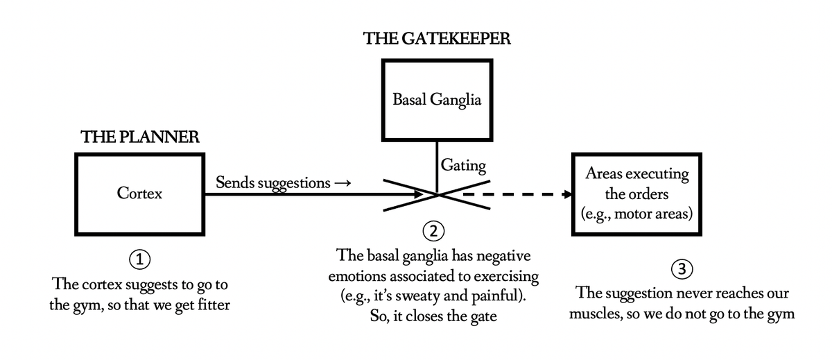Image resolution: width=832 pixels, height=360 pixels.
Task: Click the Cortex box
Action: [139, 194]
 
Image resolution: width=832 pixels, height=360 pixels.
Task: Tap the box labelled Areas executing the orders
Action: [637, 194]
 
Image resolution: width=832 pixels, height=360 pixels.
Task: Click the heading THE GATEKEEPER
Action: [437, 39]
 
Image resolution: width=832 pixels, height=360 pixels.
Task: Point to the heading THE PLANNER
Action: [140, 137]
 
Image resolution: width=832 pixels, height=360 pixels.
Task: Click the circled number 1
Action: [140, 261]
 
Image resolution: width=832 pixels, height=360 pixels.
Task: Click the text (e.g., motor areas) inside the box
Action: [637, 213]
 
